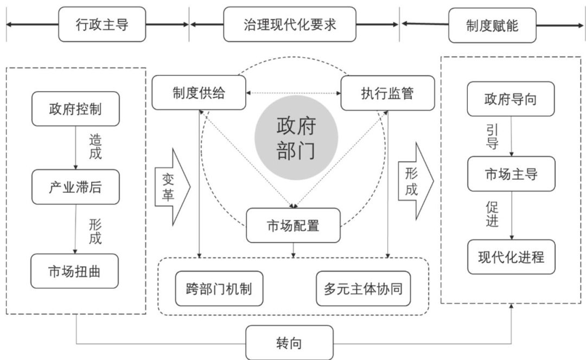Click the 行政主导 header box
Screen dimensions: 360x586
102,24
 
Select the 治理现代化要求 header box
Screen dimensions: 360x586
290,24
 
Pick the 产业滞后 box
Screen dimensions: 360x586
75,187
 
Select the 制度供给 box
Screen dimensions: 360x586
199,93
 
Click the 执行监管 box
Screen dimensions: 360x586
387,93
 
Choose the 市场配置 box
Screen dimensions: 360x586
294,225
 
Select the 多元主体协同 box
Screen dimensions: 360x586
363,288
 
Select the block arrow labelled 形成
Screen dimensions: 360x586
415,181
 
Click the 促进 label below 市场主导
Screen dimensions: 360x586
492,214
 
